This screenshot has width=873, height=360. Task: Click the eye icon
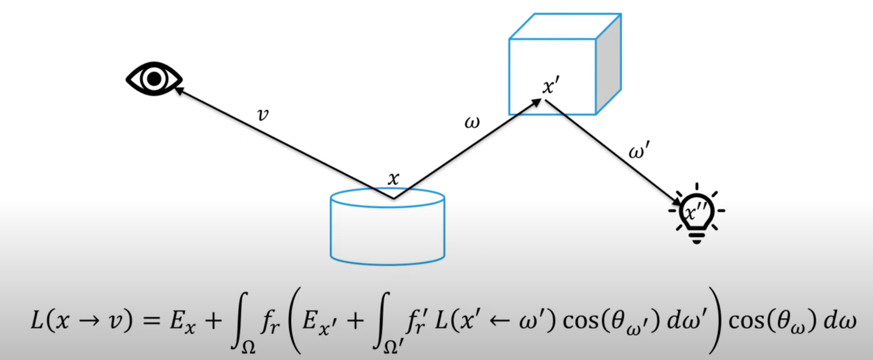click(x=154, y=79)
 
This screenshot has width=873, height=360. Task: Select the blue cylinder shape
click(x=387, y=229)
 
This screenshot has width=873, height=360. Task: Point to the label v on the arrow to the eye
click(x=263, y=115)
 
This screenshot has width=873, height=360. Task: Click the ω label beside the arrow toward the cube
click(x=472, y=123)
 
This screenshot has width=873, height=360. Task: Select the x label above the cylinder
click(x=393, y=179)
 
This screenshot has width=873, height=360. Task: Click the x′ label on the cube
click(x=550, y=86)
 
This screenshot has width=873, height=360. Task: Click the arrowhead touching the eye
click(x=179, y=89)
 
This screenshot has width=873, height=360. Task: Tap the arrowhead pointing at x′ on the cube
click(x=536, y=102)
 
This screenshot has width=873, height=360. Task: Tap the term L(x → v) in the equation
click(x=81, y=320)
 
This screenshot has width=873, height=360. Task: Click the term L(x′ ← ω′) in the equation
click(x=496, y=320)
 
